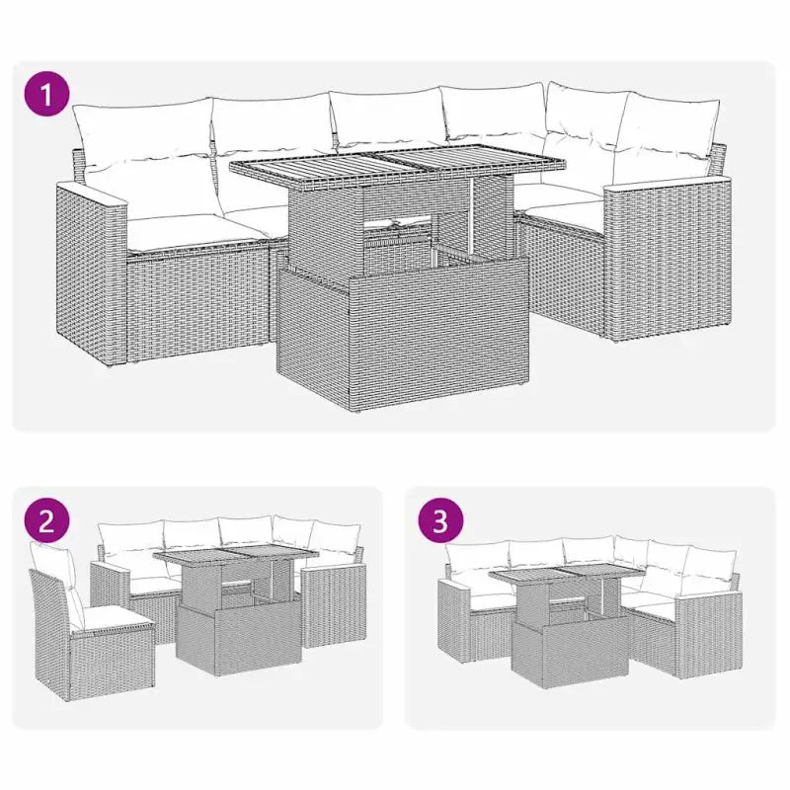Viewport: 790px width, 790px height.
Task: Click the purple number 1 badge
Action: click(45, 96)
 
